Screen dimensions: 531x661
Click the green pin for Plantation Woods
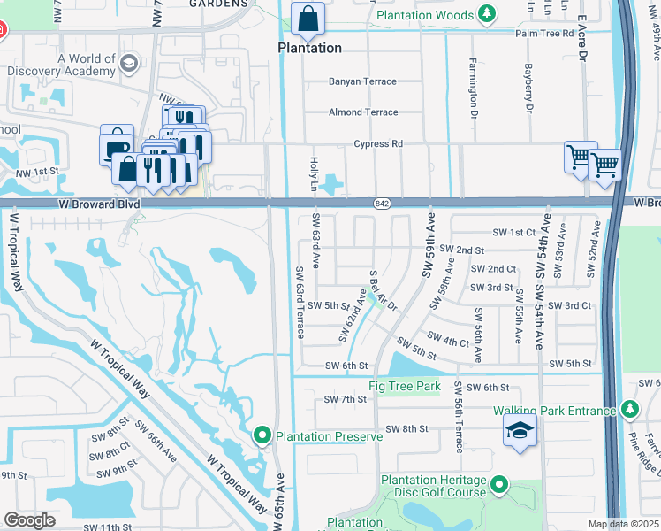pyautogui.click(x=486, y=14)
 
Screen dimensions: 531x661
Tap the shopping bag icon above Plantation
pyautogui.click(x=308, y=18)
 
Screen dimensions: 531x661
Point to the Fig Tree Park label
pyautogui.click(x=404, y=387)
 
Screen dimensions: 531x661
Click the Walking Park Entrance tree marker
pyautogui.click(x=629, y=410)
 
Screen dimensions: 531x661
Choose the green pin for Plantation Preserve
pyautogui.click(x=262, y=435)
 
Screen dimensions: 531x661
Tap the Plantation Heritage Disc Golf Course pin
pyautogui.click(x=499, y=485)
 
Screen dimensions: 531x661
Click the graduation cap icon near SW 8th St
pyautogui.click(x=520, y=431)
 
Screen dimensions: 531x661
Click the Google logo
pyautogui.click(x=29, y=519)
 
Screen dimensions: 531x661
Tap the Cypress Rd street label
pyautogui.click(x=378, y=143)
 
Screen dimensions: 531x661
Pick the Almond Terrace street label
pyautogui.click(x=363, y=112)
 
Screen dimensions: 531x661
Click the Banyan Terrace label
pyautogui.click(x=362, y=81)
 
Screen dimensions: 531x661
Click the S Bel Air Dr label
pyautogui.click(x=384, y=289)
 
